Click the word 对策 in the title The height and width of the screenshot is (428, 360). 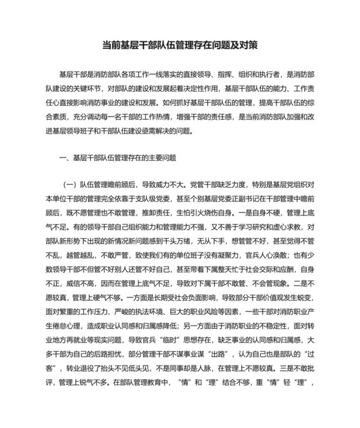point(249,46)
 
